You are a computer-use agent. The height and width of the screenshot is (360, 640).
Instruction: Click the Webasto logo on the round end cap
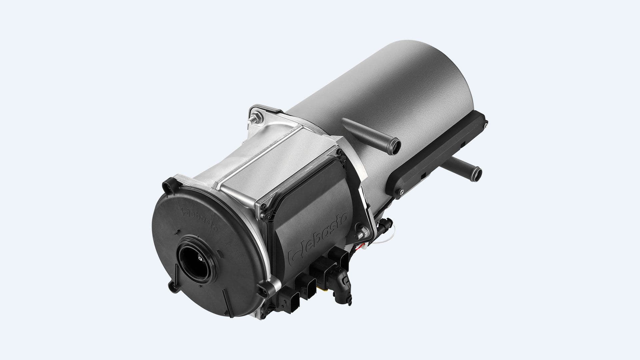tap(200, 220)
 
